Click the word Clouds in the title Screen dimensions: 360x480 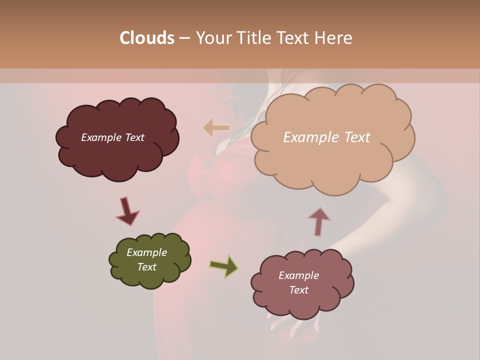(146, 38)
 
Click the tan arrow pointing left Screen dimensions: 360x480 (215, 128)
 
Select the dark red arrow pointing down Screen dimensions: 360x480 (127, 211)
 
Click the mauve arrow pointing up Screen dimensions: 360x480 (318, 221)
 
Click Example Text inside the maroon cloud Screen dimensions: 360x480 (112, 137)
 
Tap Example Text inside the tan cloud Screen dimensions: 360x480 (326, 137)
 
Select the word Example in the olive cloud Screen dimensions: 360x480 (146, 252)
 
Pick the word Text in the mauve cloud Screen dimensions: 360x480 (298, 290)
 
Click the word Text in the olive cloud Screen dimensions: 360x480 (146, 267)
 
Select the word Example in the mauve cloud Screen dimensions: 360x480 (298, 275)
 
